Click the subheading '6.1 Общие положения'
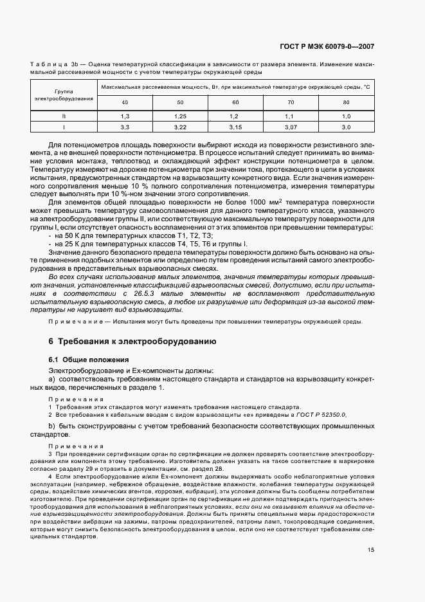89,360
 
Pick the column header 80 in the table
347,103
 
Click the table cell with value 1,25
180,116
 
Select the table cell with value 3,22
180,128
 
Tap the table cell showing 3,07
291,128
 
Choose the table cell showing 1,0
347,116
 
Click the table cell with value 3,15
235,128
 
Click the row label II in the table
64,116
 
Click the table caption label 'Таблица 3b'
57,65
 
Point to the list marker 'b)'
53,426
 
